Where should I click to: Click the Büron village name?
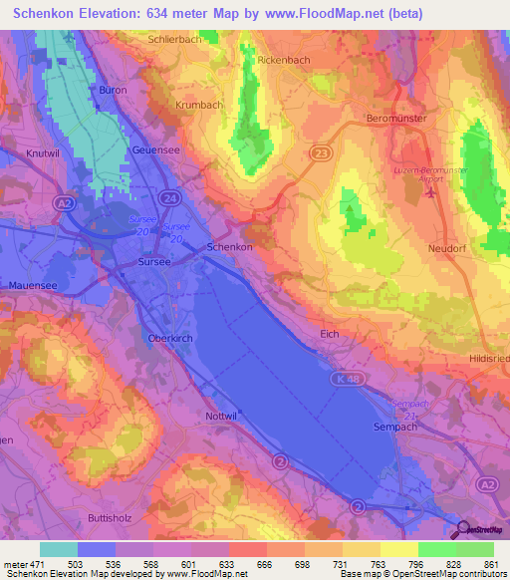(111, 90)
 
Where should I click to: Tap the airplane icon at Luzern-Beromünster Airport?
(430, 191)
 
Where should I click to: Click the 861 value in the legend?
(489, 565)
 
